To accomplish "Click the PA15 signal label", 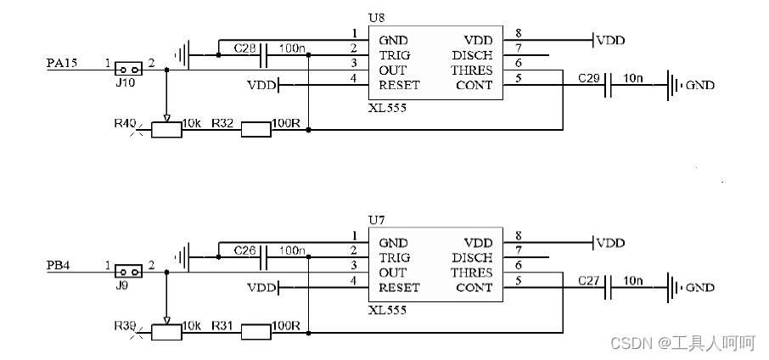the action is coord(62,63).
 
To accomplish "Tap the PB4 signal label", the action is coord(59,266).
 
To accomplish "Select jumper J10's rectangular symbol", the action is coord(128,69).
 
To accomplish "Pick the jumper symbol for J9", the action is coord(128,271).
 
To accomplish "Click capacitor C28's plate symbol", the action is coord(263,55).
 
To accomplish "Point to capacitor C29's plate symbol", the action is coord(608,86).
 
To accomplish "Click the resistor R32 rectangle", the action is coord(255,130).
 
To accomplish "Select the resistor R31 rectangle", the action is coord(255,333).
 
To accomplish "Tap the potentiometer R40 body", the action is coord(166,130).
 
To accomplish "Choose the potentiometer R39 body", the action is coord(166,333).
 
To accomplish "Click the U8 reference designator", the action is coord(377,18).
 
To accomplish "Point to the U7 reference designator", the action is coord(377,221).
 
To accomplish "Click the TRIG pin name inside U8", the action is coord(395,55).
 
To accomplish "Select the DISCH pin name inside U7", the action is coord(472,257).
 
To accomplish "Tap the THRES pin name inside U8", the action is coord(472,70).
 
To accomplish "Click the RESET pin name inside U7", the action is coord(399,288).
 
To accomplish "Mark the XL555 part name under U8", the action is coord(387,108).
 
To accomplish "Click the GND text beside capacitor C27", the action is coord(700,288).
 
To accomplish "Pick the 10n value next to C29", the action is coord(632,77).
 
